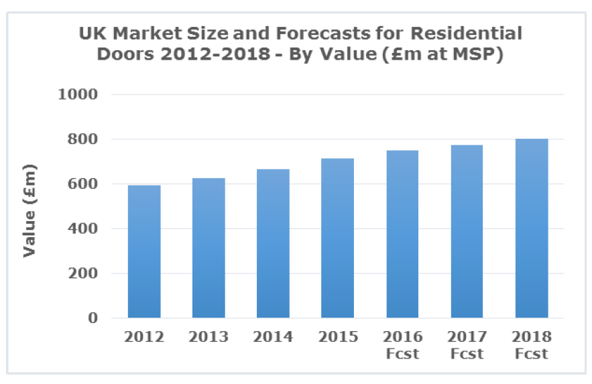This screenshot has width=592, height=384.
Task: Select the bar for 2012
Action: (x=144, y=251)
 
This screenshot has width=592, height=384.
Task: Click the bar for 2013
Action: (x=209, y=248)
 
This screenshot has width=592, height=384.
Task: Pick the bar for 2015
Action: (x=337, y=238)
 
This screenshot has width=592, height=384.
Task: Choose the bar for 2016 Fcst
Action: (x=402, y=234)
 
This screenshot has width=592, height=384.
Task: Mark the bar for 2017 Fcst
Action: (x=467, y=231)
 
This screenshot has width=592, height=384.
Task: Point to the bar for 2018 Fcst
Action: (x=532, y=228)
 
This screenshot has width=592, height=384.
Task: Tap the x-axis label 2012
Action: (x=144, y=336)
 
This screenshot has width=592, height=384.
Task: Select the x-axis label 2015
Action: (x=337, y=336)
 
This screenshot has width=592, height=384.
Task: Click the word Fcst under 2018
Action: (x=532, y=353)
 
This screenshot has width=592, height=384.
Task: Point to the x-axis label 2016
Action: (x=402, y=336)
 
